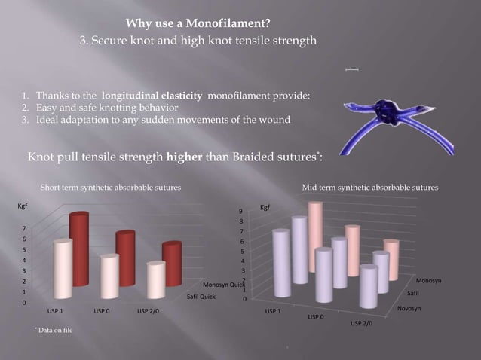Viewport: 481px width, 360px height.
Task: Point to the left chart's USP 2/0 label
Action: (148, 310)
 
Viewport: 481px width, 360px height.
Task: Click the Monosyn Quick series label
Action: (225, 285)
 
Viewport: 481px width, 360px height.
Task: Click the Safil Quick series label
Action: (202, 297)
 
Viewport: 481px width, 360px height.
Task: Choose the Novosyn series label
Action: (409, 309)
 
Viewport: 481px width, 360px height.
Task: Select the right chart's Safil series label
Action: (414, 293)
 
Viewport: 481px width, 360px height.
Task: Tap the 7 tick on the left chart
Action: (26, 228)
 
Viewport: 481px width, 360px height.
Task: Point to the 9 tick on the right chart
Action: (240, 211)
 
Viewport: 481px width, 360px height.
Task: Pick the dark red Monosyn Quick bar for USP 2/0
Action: (172, 264)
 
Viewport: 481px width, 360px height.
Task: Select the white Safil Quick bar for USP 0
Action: (109, 277)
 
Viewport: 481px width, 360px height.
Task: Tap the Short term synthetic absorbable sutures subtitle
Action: (110, 187)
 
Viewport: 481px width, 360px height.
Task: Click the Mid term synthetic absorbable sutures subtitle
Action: (369, 187)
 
